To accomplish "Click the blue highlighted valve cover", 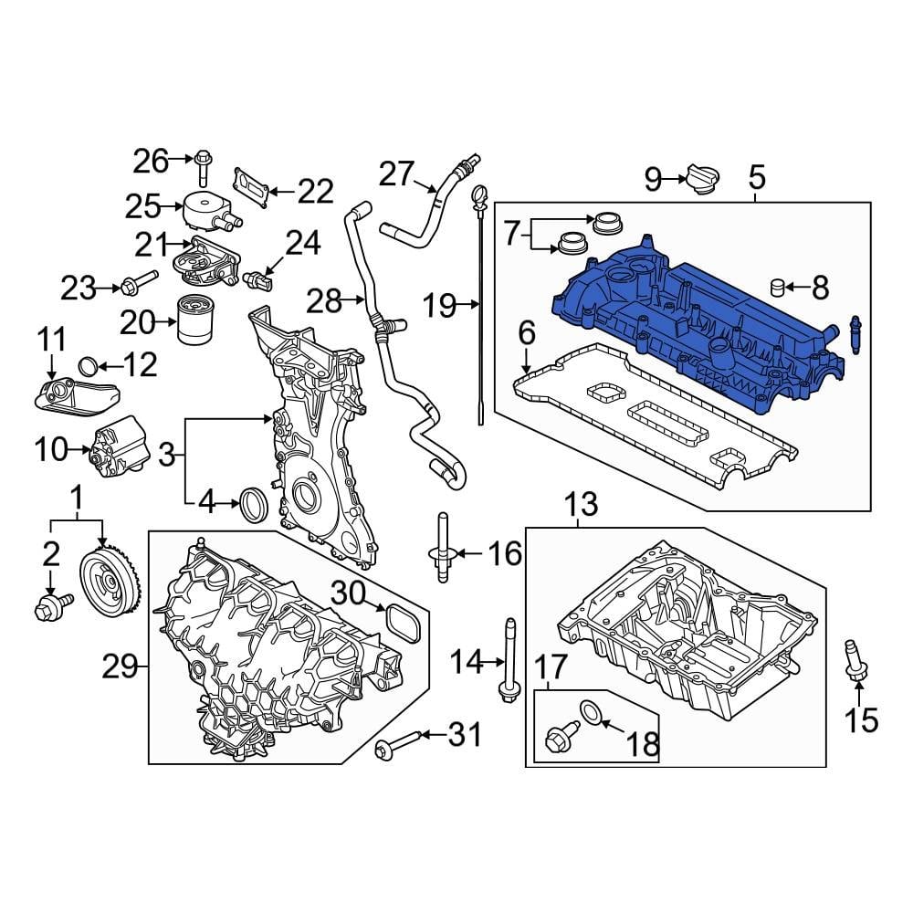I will [694, 329].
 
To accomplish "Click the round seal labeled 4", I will [253, 503].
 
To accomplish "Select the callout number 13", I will [581, 503].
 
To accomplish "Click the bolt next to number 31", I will [399, 744].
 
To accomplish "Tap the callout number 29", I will [119, 668].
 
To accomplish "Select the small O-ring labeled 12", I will [88, 367].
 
